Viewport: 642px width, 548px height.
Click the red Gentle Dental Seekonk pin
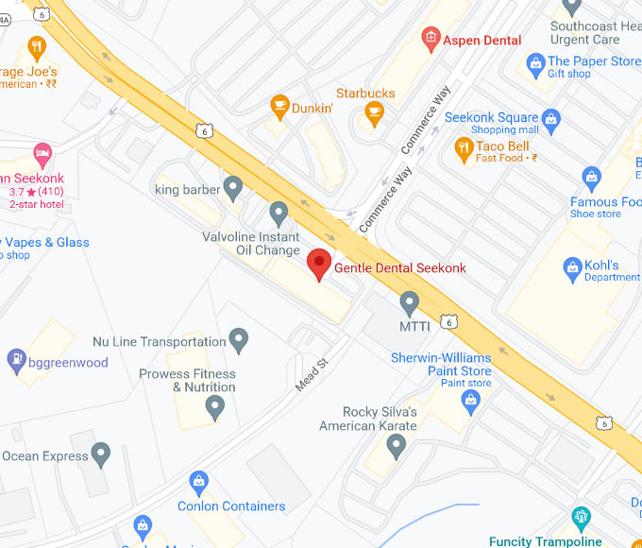tap(319, 262)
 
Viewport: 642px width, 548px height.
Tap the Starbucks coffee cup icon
tap(374, 113)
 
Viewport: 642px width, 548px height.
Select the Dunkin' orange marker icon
tap(279, 105)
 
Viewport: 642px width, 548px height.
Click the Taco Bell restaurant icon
tap(463, 147)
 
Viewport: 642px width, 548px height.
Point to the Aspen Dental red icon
tap(431, 40)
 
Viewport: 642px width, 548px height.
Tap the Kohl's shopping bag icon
tap(572, 270)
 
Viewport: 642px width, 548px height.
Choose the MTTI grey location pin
tap(409, 302)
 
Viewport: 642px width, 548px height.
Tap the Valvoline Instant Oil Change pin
tap(278, 213)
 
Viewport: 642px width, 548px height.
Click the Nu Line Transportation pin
tap(239, 339)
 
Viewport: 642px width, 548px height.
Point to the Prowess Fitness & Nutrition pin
tap(215, 407)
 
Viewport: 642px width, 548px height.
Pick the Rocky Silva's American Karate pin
tap(397, 444)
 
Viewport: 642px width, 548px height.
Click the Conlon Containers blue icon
tap(198, 483)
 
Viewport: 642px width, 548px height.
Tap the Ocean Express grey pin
tap(101, 454)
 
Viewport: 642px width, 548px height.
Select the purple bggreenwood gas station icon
tap(16, 359)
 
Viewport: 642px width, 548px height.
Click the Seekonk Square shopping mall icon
tap(551, 120)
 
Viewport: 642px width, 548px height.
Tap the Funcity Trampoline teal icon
tap(582, 518)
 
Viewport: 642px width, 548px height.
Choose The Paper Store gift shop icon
tap(534, 62)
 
